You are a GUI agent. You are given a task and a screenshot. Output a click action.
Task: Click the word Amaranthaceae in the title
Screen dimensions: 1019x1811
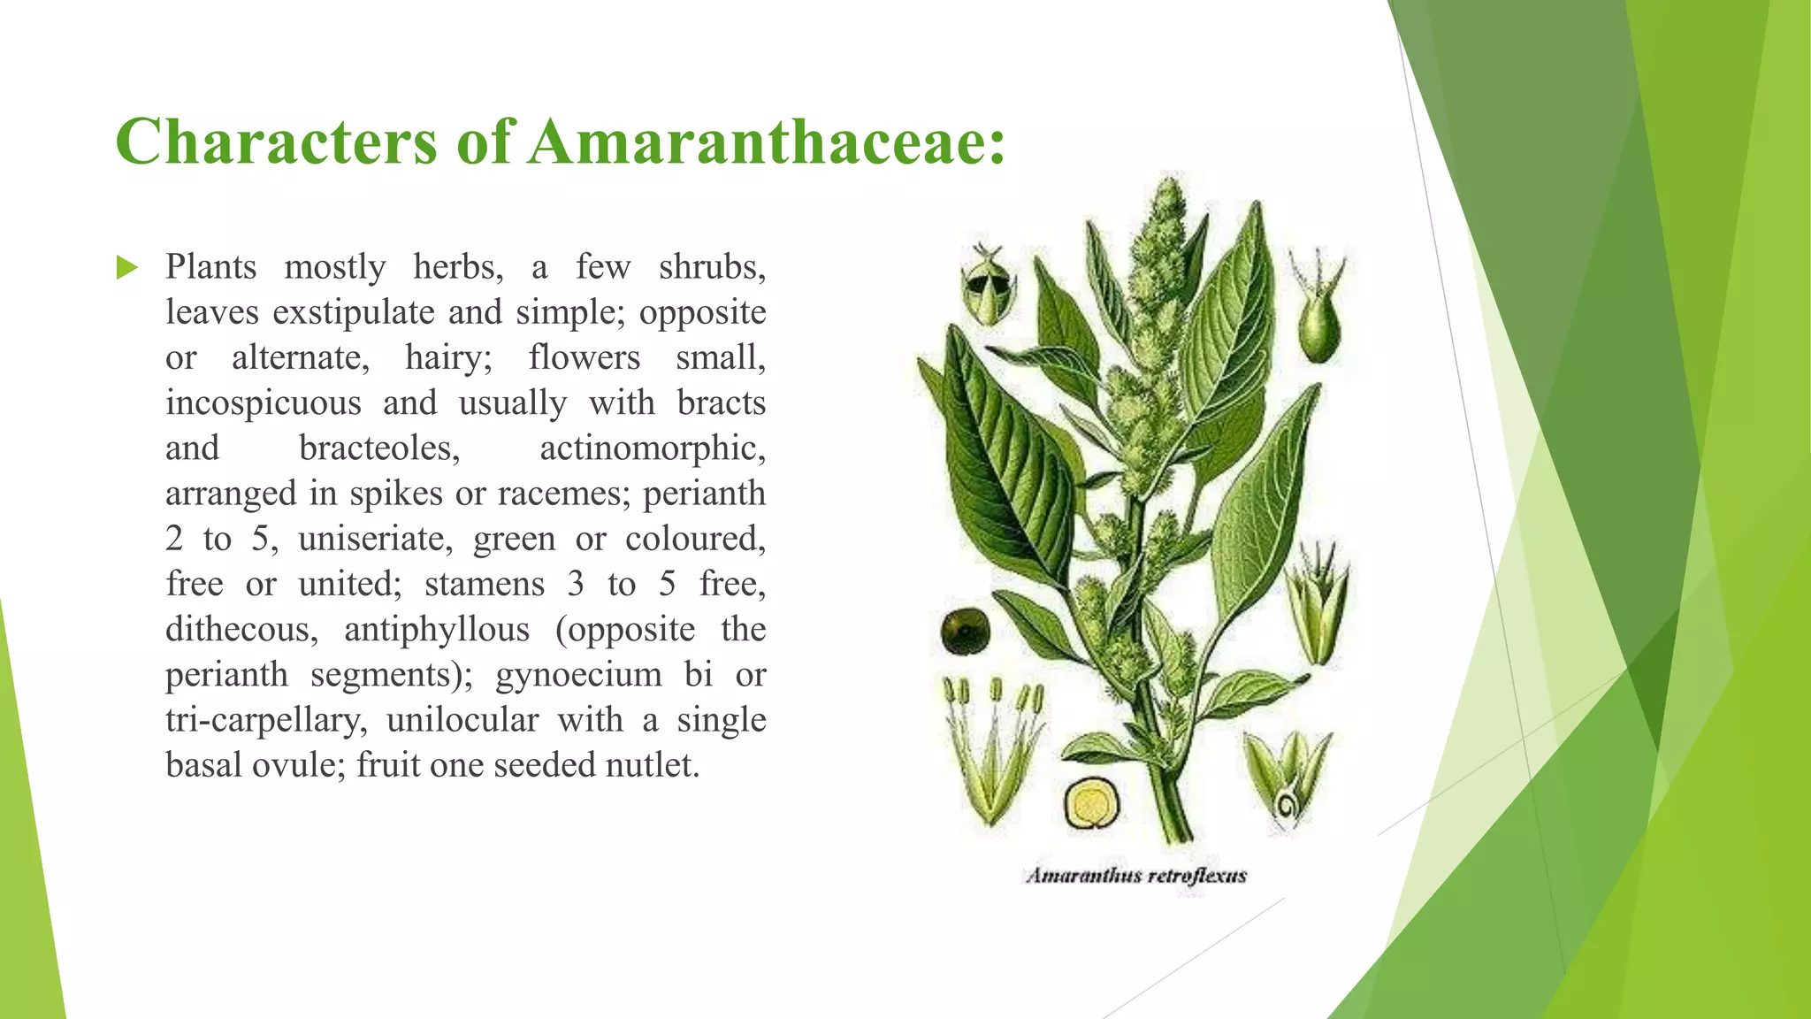(x=766, y=142)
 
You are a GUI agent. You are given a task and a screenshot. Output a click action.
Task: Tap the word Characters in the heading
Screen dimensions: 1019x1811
(x=276, y=142)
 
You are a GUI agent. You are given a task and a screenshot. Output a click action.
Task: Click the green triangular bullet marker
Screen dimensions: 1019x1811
(x=127, y=267)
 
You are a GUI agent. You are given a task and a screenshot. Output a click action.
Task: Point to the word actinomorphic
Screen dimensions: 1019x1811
(x=652, y=448)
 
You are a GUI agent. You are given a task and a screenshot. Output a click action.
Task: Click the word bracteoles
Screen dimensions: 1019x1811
(x=379, y=448)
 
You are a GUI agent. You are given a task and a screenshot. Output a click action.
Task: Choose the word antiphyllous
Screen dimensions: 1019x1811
(x=437, y=630)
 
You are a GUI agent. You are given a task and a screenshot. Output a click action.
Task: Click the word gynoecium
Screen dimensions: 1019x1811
(x=578, y=675)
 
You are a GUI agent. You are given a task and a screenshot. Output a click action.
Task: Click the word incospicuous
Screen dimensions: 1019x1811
(x=264, y=403)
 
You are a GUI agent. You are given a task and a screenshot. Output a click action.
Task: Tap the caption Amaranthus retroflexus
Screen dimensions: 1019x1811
(x=1136, y=876)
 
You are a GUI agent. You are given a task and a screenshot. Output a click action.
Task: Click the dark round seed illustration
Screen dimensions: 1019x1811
(x=965, y=631)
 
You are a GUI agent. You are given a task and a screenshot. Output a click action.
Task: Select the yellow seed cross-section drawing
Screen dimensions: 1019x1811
(x=1091, y=803)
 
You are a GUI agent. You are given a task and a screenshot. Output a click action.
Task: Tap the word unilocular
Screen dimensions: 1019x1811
(x=462, y=720)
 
